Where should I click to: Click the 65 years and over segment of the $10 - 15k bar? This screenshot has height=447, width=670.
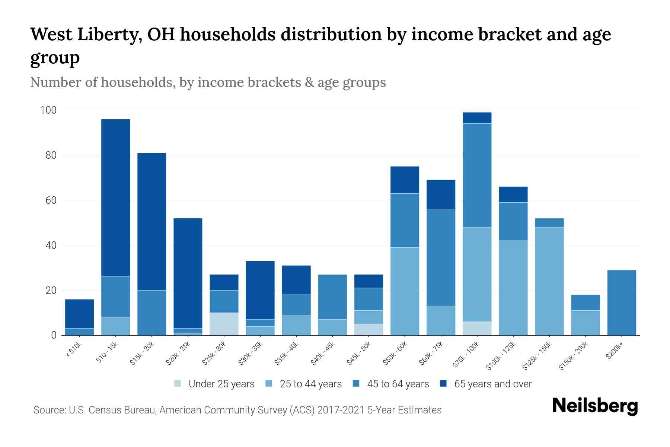coord(115,197)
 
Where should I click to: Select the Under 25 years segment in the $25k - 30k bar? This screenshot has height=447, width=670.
coord(224,324)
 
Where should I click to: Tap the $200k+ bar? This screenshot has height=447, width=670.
coord(621,302)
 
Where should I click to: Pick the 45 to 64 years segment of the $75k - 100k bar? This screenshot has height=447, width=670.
coord(477,175)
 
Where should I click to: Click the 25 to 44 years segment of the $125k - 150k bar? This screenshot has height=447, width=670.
coord(549,281)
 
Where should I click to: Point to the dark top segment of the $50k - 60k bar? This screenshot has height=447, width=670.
coord(405,180)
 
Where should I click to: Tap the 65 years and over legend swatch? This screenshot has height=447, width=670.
coord(443,384)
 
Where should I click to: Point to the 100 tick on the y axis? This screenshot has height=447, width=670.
coord(48,110)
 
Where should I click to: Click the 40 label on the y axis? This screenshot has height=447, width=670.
coord(51,245)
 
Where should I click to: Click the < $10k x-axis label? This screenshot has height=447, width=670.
coord(73,350)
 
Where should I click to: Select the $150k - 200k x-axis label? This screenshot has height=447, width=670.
coord(573,356)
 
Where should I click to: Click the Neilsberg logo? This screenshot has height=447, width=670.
coord(595,406)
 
